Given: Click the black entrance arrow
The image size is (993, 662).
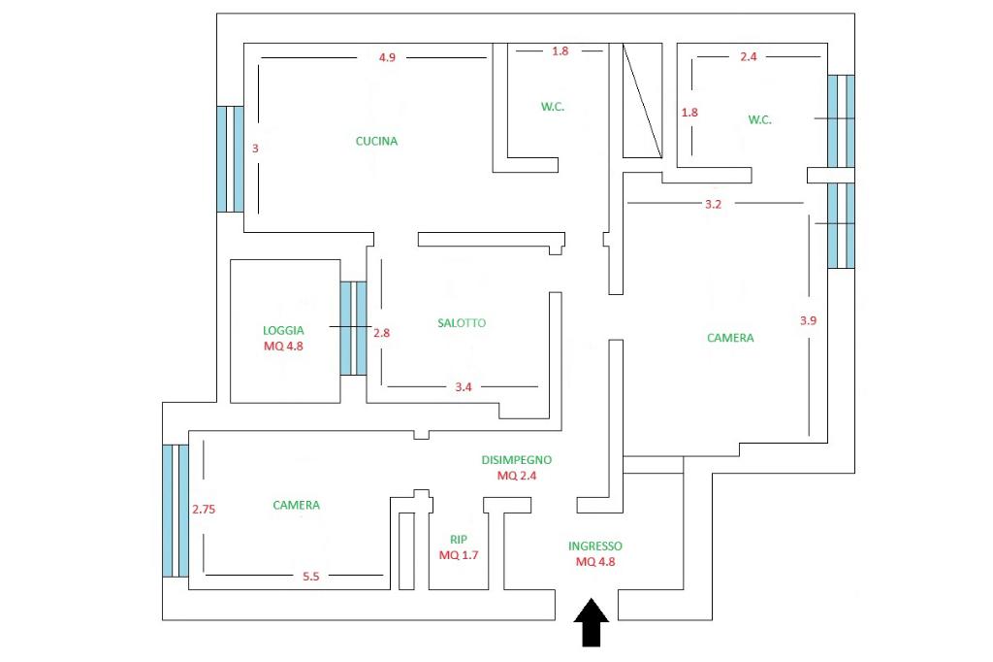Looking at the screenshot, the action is (591, 622).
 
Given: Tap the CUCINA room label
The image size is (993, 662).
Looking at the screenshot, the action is (376, 141).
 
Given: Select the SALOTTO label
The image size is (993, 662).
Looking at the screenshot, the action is (461, 323).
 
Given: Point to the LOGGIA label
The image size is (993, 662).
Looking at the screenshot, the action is (283, 330).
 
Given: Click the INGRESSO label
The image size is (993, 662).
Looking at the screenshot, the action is (594, 546).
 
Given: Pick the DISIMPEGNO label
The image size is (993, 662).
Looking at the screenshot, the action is (516, 460).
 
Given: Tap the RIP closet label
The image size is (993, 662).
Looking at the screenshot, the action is (459, 540).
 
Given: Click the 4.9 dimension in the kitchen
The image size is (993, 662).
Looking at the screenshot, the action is (387, 57).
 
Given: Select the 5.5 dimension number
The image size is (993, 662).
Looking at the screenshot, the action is (310, 577).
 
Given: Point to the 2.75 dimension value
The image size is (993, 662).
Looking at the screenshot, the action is (204, 509).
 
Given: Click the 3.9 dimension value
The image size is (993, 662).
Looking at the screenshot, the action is (808, 320).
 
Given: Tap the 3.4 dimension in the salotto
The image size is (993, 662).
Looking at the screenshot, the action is (463, 386).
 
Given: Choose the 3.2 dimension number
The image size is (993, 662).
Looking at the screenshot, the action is (713, 204).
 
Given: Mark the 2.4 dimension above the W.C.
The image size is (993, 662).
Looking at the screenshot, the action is (748, 56).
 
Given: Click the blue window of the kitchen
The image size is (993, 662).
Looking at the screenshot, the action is (230, 159).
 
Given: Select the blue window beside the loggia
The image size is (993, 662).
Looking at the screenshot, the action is (353, 328).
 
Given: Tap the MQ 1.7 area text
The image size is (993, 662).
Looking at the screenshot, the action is (459, 555).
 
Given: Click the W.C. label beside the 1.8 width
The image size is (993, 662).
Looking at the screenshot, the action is (552, 107).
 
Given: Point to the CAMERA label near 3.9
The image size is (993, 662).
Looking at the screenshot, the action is (730, 338).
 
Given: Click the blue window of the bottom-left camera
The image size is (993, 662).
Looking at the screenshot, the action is (176, 512).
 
